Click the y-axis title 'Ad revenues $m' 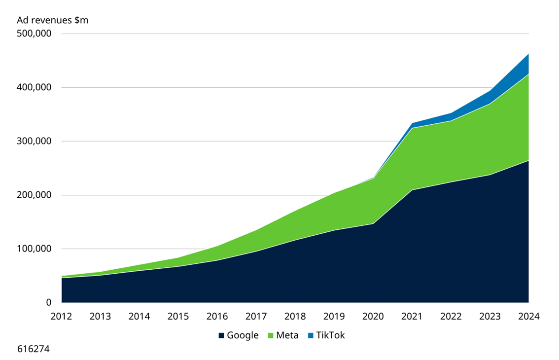53,20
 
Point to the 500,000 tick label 35,34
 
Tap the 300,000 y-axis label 35,142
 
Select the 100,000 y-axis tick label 35,249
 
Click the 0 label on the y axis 49,302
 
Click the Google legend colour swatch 221,336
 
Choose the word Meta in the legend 287,335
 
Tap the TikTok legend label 330,335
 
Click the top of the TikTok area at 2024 528,54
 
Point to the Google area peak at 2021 412,190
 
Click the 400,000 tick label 35,88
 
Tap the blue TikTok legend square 311,336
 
